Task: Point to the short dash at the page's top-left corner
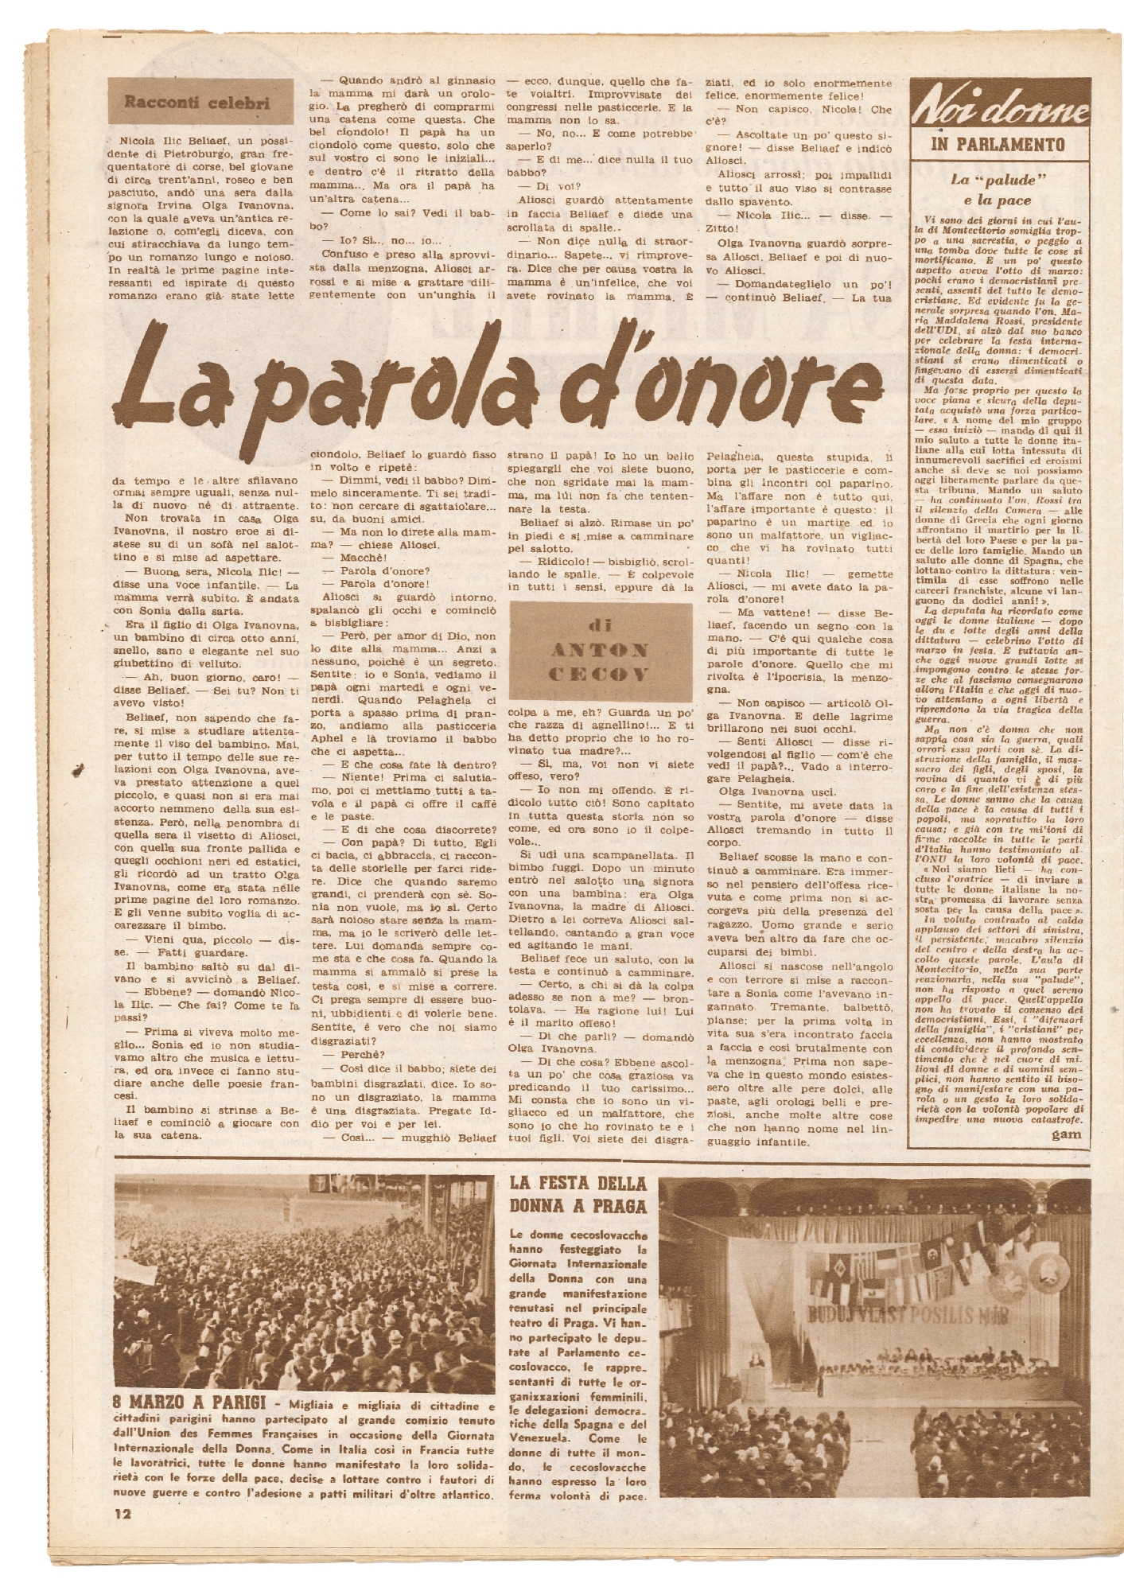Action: coord(114,37)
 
